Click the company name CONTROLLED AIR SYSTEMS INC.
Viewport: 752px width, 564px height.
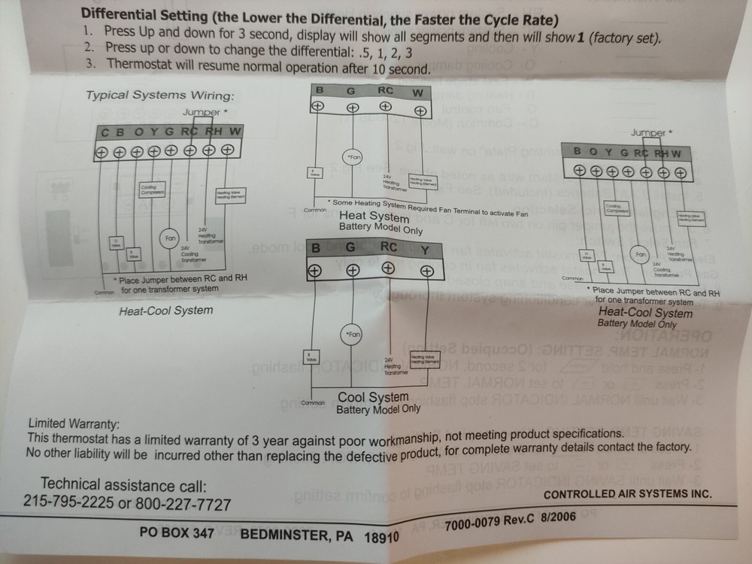tap(626, 494)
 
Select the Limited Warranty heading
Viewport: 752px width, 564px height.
tap(73, 424)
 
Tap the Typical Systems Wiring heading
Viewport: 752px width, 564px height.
tap(159, 96)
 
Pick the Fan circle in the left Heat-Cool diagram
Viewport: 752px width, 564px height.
tap(171, 239)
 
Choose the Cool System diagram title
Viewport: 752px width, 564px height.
tap(373, 396)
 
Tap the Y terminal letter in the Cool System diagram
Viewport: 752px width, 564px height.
tap(425, 249)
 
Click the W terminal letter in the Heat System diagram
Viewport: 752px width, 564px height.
tap(418, 93)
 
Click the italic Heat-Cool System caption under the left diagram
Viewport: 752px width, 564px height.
tap(165, 311)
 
